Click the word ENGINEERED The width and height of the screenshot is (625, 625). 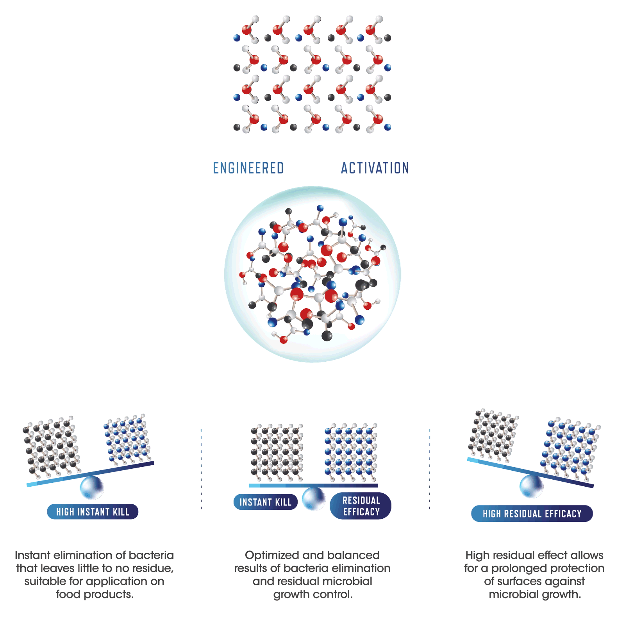pyautogui.click(x=248, y=168)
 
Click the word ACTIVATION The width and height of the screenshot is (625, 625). pyautogui.click(x=375, y=168)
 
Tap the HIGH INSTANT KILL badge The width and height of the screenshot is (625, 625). pyautogui.click(x=93, y=512)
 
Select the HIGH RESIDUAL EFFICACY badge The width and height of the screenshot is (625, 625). pyautogui.click(x=532, y=514)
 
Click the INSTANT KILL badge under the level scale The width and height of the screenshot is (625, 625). pyautogui.click(x=265, y=502)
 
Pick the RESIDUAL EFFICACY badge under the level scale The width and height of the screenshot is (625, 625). pyautogui.click(x=361, y=506)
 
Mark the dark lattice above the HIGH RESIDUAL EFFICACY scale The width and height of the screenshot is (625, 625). pyautogui.click(x=493, y=434)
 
